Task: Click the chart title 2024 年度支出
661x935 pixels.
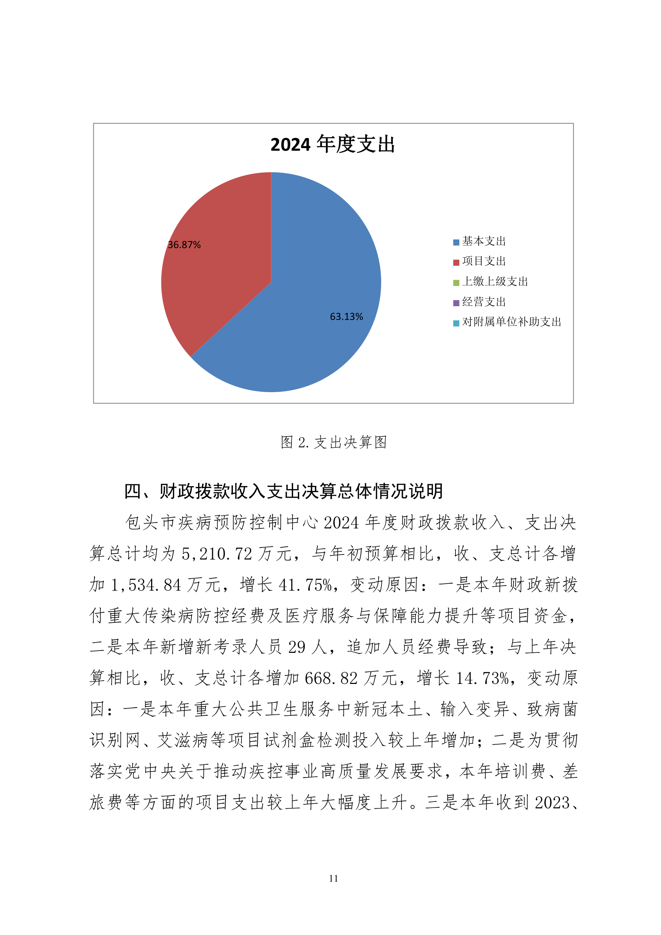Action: [x=333, y=144]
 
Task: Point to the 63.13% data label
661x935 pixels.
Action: [x=346, y=316]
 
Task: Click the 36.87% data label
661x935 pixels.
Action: [x=184, y=245]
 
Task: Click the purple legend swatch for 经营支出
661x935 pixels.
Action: [x=456, y=303]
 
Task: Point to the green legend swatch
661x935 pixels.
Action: [x=456, y=282]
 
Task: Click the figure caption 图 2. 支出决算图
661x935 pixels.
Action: [x=333, y=442]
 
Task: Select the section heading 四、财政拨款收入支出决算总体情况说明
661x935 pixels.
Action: [x=283, y=491]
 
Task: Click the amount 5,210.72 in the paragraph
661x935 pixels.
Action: [x=217, y=554]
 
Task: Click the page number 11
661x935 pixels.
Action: [x=333, y=878]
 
